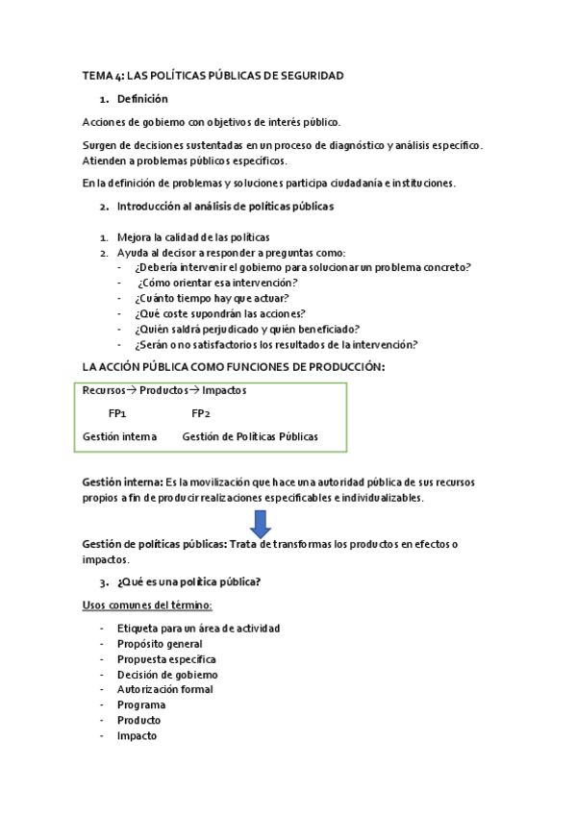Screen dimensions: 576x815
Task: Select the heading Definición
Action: (141, 98)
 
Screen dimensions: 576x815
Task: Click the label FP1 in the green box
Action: (117, 413)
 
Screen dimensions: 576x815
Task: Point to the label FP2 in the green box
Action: (200, 413)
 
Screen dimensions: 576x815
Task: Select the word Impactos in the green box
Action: (223, 390)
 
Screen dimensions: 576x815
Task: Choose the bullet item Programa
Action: (140, 704)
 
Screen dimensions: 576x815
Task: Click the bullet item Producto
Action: (138, 720)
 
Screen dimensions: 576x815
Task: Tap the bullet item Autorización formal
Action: (164, 689)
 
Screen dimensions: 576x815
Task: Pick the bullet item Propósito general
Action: (159, 643)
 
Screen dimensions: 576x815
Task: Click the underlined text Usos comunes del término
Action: (147, 605)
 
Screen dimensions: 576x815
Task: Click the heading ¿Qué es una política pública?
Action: (188, 581)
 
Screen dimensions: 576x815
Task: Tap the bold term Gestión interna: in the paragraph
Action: (122, 482)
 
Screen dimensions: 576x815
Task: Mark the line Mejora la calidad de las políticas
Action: (192, 236)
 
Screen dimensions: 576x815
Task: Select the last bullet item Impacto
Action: (137, 735)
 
